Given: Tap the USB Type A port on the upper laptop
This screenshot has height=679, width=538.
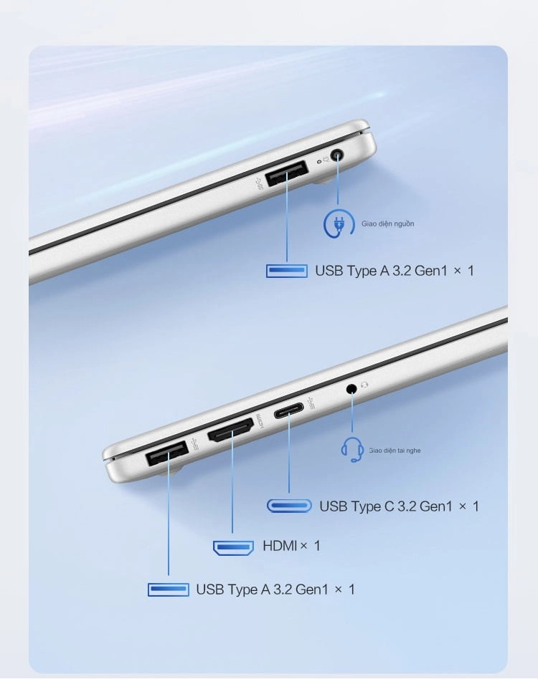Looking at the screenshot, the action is pyautogui.click(x=286, y=173).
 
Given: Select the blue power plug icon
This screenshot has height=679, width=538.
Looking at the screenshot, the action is pyautogui.click(x=338, y=224).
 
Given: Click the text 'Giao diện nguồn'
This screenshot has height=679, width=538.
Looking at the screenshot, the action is pyautogui.click(x=387, y=224).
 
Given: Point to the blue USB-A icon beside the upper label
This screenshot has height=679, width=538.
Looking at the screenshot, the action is pyautogui.click(x=286, y=271).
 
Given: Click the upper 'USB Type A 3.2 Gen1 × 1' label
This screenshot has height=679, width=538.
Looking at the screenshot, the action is pyautogui.click(x=395, y=271).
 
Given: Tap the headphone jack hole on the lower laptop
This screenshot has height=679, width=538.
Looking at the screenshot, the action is pyautogui.click(x=351, y=388).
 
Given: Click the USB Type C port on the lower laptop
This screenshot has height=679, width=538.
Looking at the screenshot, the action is pyautogui.click(x=288, y=411).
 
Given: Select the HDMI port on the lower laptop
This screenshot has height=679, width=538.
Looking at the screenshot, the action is pyautogui.click(x=231, y=430).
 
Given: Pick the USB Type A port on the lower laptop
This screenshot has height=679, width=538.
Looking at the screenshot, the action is pyautogui.click(x=167, y=453).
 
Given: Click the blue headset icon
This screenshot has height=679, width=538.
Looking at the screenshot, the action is pyautogui.click(x=352, y=450).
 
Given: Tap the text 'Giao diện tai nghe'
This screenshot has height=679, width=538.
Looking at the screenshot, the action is pyautogui.click(x=395, y=451).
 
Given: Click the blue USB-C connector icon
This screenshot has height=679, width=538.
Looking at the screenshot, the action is pyautogui.click(x=289, y=506).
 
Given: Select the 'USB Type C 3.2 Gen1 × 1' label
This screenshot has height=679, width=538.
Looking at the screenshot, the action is pyautogui.click(x=400, y=506).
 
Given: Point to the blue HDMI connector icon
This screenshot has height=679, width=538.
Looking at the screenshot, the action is pyautogui.click(x=233, y=548).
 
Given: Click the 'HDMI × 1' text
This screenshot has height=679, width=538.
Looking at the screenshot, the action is pyautogui.click(x=291, y=546).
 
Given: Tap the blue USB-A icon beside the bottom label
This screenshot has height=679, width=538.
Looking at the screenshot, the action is pyautogui.click(x=168, y=589).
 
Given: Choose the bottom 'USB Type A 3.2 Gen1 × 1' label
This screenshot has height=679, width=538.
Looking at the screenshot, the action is pyautogui.click(x=275, y=589).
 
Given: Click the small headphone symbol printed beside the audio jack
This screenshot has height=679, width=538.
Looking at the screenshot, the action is pyautogui.click(x=364, y=384).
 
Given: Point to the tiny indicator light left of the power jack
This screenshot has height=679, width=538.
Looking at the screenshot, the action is pyautogui.click(x=319, y=161).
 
